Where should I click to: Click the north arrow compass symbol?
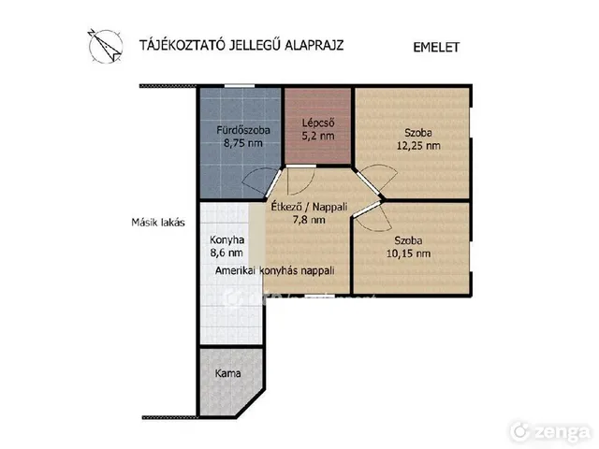click(106, 46)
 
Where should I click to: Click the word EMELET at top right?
click(436, 48)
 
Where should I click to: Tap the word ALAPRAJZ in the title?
click(314, 45)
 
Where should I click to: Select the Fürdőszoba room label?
click(243, 130)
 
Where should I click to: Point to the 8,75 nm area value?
click(243, 143)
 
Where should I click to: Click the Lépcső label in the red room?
click(318, 123)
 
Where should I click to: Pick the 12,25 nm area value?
click(418, 146)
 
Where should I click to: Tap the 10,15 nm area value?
click(408, 253)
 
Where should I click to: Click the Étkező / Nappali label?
click(309, 207)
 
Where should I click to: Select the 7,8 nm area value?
click(309, 220)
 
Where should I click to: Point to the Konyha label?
click(226, 239)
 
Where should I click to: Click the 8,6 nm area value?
click(226, 253)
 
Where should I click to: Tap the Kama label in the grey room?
click(227, 373)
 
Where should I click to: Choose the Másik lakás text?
click(158, 223)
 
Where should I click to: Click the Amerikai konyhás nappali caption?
click(274, 270)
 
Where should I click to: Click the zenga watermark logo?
click(550, 432)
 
